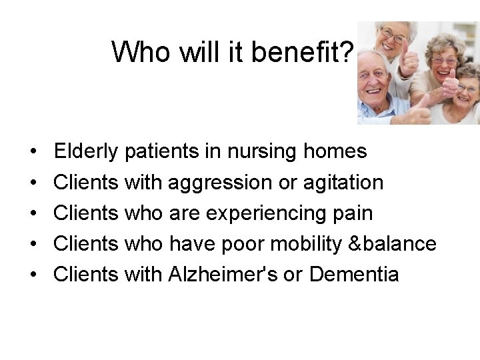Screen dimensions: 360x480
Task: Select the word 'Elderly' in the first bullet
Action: point(87,152)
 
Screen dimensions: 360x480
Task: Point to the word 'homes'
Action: point(335,152)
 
